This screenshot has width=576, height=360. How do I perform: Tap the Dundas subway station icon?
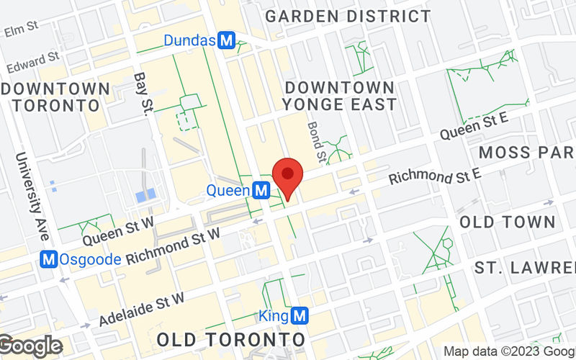pos(227,41)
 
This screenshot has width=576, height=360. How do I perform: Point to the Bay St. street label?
pos(144,92)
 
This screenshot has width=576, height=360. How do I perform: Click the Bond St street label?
pos(316,140)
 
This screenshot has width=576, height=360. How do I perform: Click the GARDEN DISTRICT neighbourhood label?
pos(348,16)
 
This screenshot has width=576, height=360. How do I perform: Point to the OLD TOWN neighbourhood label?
pos(508,221)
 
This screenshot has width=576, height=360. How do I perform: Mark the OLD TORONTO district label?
pos(230,338)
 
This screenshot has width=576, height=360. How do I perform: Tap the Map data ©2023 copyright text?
pos(508,351)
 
